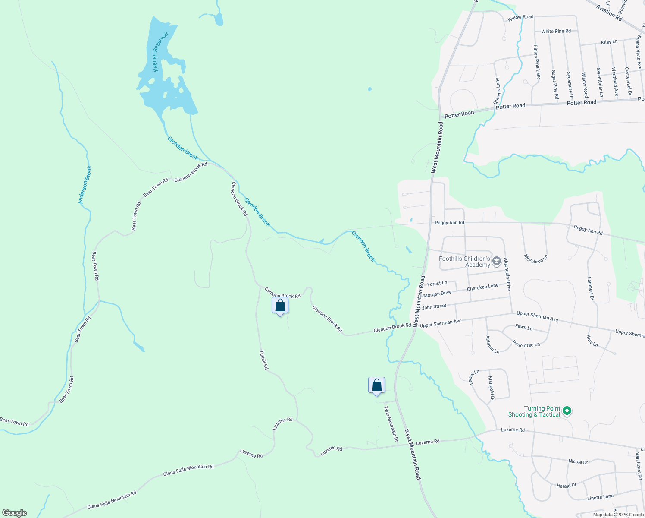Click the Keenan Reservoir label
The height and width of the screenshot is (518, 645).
161,51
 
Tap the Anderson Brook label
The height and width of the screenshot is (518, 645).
85,185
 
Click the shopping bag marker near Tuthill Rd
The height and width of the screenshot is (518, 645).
280,306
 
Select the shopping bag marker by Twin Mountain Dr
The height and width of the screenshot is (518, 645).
376,385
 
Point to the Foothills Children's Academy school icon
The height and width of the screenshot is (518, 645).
497,261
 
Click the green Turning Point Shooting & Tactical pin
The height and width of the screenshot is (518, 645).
567,411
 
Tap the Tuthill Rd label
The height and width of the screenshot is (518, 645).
264,360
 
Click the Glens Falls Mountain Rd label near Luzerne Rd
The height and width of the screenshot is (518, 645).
188,470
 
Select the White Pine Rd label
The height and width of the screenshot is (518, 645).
556,31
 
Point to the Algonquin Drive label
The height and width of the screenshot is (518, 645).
507,275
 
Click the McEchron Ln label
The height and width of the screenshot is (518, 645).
535,259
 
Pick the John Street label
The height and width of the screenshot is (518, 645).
434,307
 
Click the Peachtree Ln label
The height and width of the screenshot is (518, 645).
526,344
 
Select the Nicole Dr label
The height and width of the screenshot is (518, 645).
578,461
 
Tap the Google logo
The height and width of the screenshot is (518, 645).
15,512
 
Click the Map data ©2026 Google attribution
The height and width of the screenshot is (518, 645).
617,515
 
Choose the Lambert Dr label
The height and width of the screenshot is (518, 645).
590,289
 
